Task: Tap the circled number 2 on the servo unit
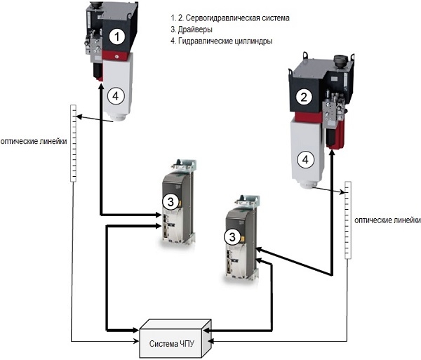click(x=303, y=98)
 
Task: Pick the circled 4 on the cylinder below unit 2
click(x=305, y=159)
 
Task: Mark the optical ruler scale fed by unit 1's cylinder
click(x=72, y=144)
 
